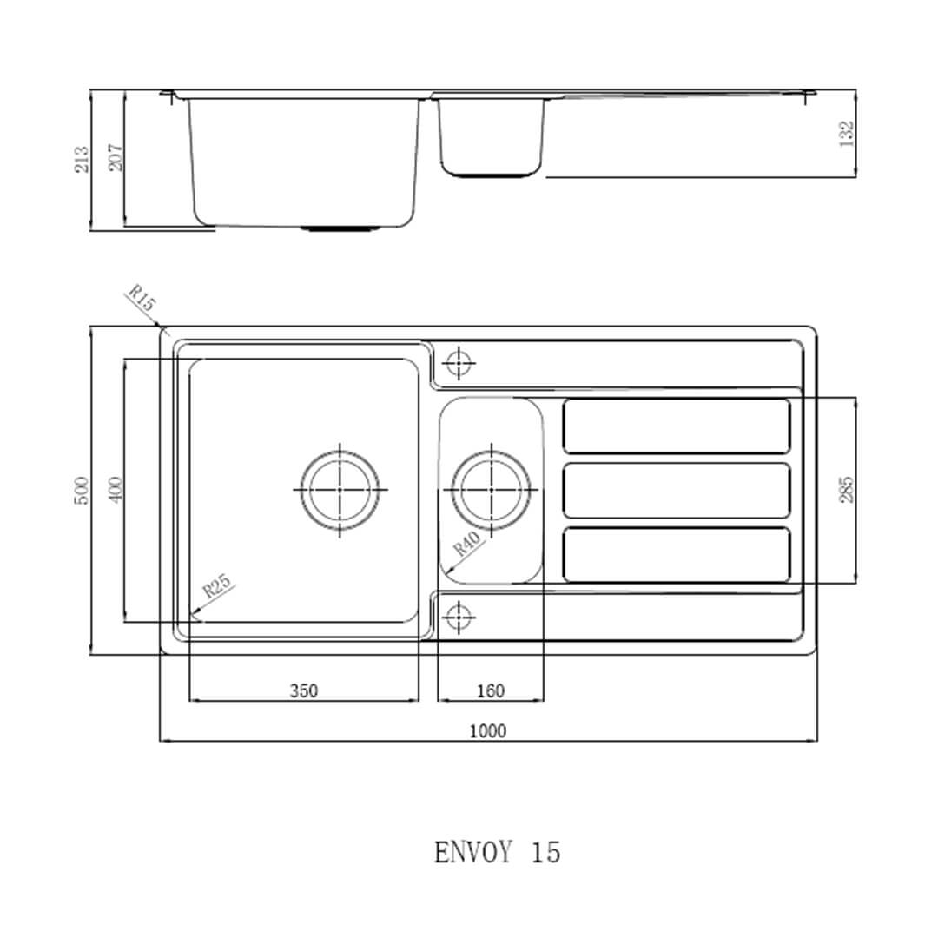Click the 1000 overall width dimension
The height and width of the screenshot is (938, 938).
tap(487, 730)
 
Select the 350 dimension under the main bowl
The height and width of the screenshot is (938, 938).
tap(303, 690)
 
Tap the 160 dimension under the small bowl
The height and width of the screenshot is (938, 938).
tap(491, 690)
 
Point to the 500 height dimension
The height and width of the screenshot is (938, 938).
tap(82, 491)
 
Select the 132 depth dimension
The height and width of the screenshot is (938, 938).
tap(847, 132)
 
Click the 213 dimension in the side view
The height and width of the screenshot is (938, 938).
tap(82, 159)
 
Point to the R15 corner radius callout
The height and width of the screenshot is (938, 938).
tap(141, 299)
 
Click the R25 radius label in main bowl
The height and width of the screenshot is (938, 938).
tap(217, 588)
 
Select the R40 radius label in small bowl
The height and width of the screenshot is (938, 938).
tap(467, 545)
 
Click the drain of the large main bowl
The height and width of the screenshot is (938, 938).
tap(340, 489)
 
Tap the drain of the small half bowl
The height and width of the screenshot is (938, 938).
tap(491, 490)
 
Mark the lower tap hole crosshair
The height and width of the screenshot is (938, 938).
tap(458, 617)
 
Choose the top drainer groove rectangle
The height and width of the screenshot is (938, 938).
tap(677, 426)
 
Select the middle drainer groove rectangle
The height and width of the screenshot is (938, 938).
tap(677, 491)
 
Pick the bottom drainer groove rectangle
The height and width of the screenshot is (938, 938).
tap(677, 555)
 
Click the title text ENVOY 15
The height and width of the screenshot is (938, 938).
tap(497, 852)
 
